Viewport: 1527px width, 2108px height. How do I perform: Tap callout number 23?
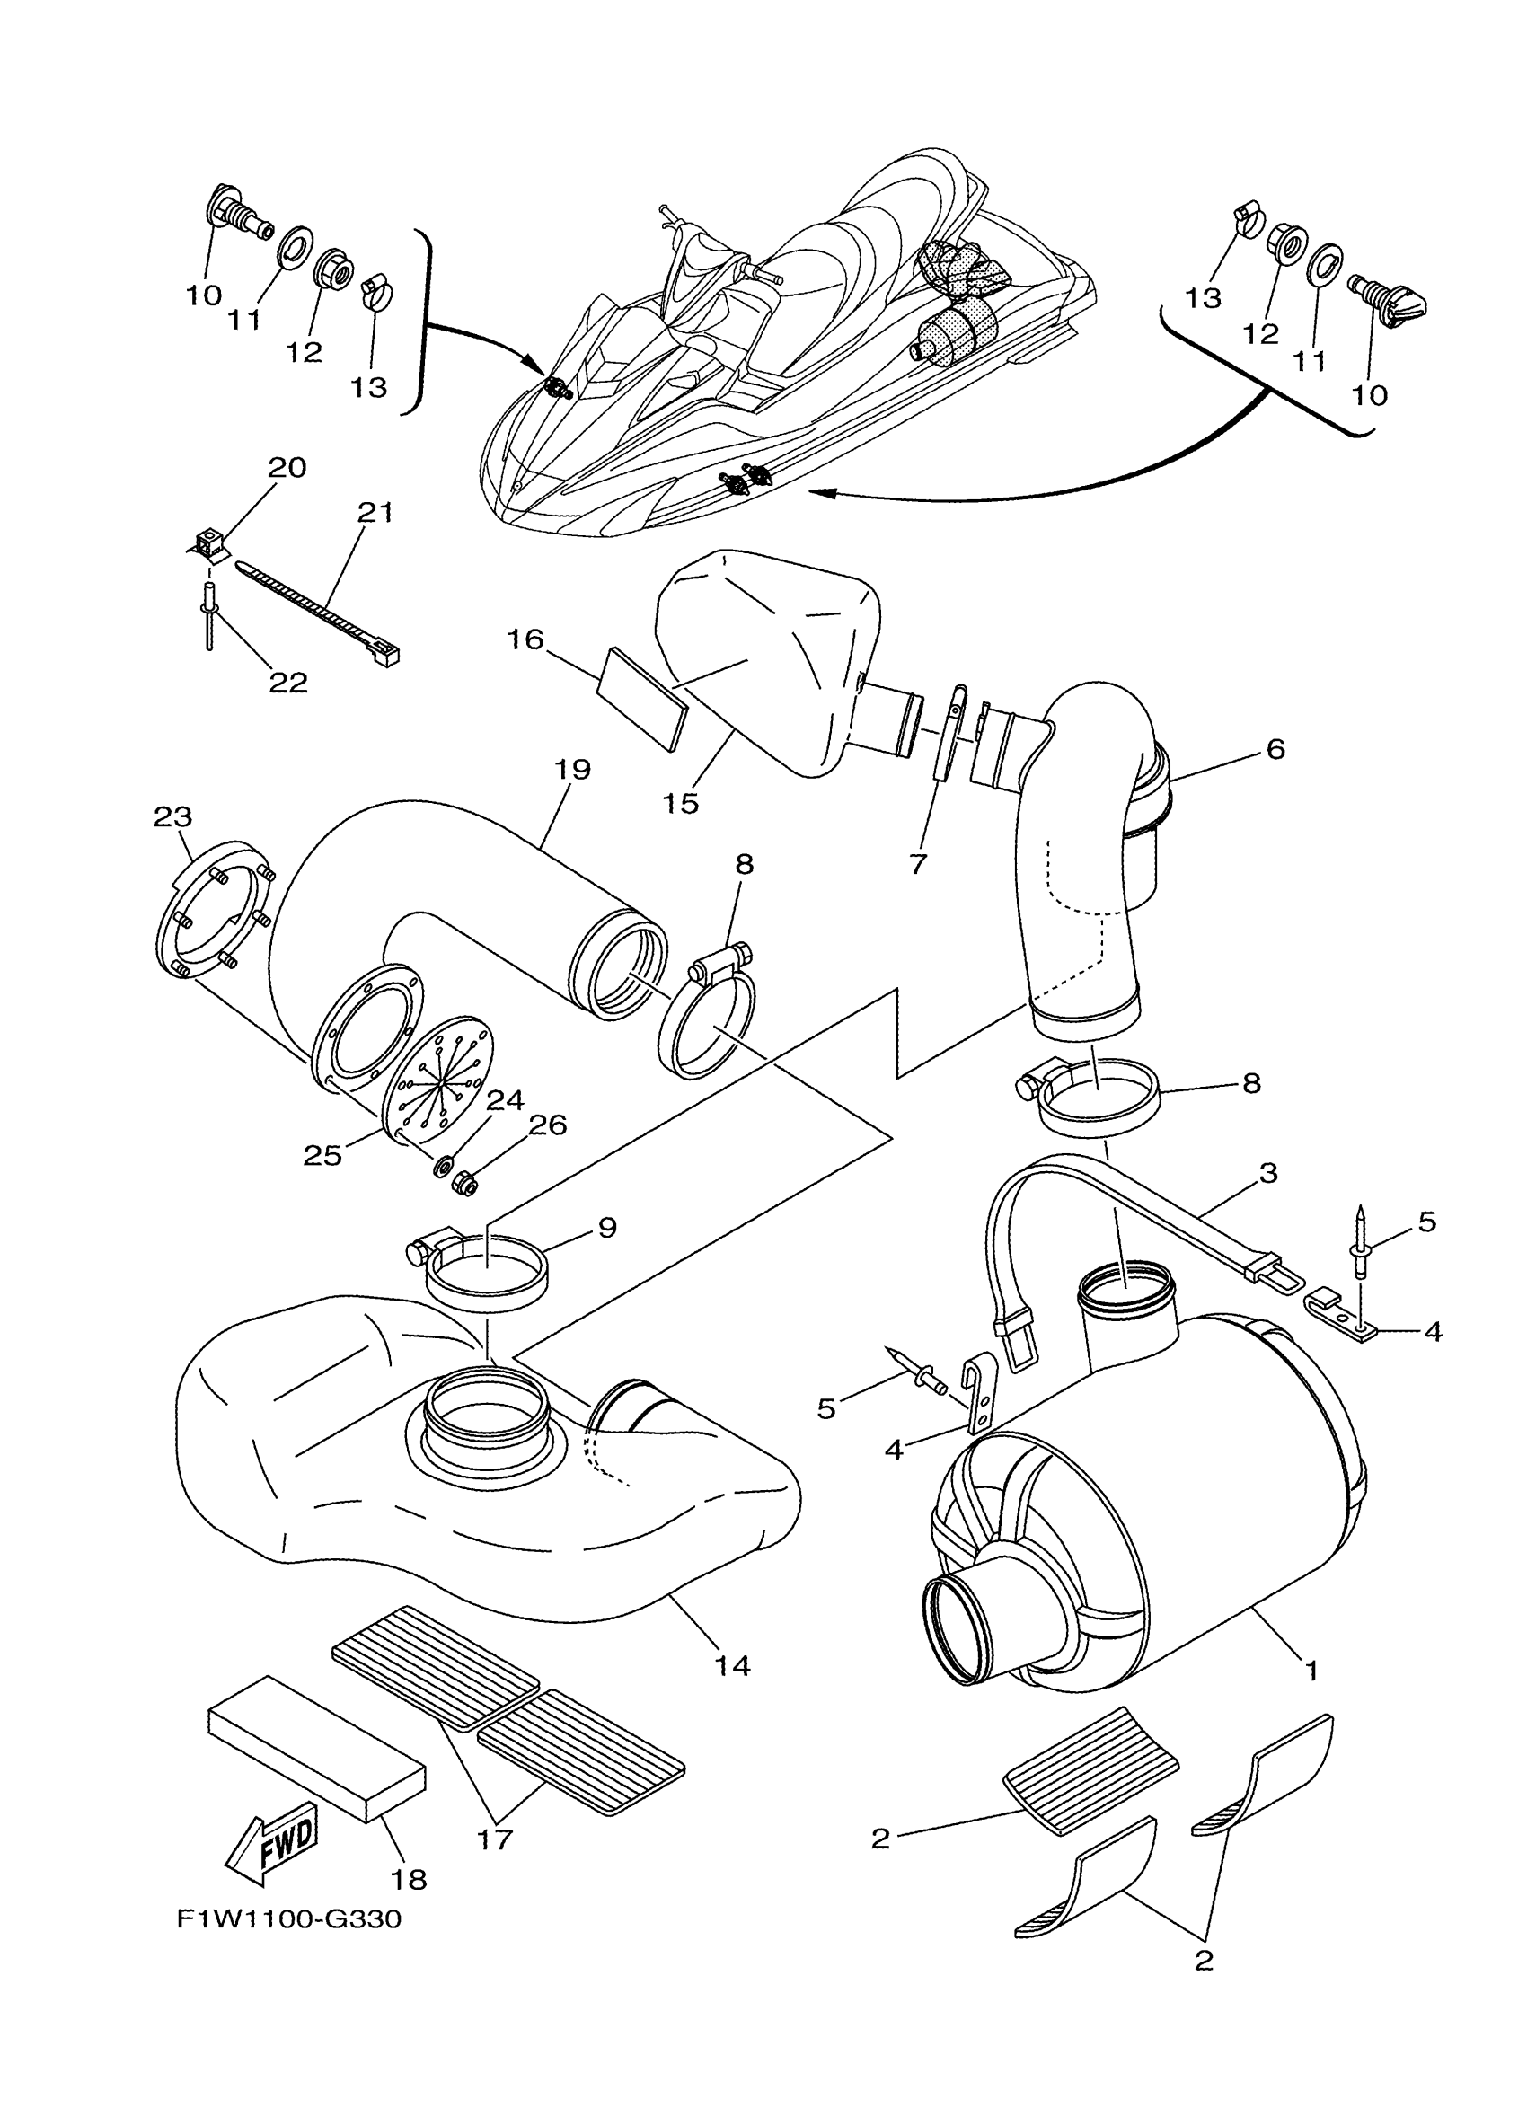[172, 817]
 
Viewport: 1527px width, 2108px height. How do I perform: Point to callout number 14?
[731, 1664]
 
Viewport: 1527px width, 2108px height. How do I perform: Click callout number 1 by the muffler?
[1311, 1671]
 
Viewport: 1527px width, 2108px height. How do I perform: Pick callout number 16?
[525, 639]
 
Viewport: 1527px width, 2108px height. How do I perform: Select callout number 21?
[375, 512]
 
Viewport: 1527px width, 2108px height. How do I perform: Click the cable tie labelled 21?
[316, 613]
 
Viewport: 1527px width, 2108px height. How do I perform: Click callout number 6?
[1276, 748]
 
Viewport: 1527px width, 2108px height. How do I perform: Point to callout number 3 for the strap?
[1267, 1173]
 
